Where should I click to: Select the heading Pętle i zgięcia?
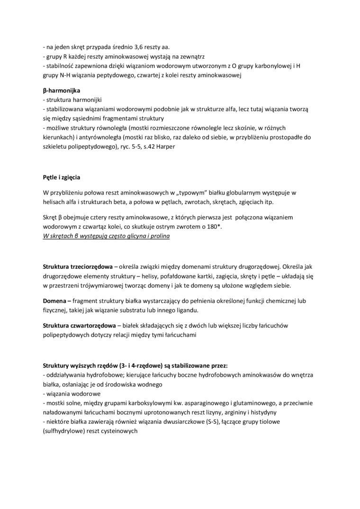pos(62,178)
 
